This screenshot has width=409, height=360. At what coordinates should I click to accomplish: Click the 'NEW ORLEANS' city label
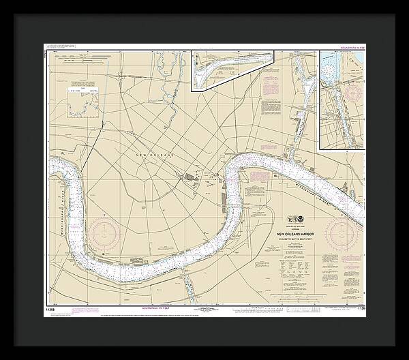pyautogui.click(x=155, y=156)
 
